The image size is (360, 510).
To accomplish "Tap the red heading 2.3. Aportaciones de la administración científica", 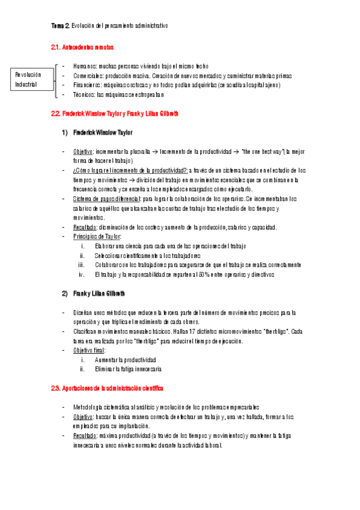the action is [107, 389].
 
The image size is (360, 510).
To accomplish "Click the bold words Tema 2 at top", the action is [60, 26].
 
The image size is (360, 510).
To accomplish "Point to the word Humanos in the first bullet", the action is [85, 66].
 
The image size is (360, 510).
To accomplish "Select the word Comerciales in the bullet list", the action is [89, 76].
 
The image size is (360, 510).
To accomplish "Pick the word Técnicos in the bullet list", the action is [85, 95].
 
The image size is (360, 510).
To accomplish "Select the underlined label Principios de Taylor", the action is [97, 236].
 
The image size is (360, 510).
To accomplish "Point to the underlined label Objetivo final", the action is [90, 350].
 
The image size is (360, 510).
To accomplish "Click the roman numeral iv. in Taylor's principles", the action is [81, 274].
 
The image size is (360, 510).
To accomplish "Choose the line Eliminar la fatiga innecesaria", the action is [128, 369].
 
